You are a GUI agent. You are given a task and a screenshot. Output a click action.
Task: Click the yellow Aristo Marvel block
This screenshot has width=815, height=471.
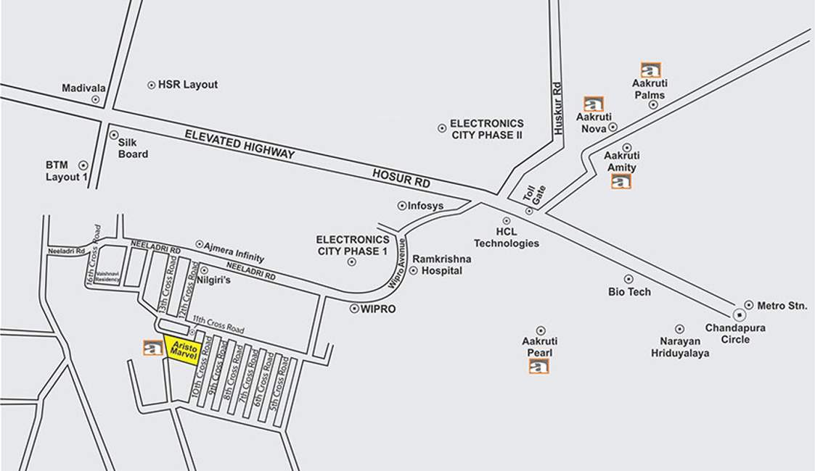tap(180, 348)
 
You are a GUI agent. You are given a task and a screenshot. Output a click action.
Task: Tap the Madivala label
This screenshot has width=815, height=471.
tap(83, 88)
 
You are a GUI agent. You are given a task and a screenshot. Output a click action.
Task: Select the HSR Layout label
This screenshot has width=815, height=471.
tap(187, 85)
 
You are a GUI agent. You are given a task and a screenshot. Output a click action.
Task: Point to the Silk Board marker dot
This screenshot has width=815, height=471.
tap(113, 135)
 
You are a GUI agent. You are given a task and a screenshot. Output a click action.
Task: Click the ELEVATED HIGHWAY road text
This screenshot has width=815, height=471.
tap(239, 144)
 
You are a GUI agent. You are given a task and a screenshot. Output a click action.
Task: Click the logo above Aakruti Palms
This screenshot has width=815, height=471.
tap(650, 70)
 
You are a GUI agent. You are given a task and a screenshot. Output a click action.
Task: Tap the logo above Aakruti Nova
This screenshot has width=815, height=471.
tap(594, 104)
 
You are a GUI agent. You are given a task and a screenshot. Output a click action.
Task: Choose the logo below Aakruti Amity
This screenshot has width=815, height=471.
tap(621, 181)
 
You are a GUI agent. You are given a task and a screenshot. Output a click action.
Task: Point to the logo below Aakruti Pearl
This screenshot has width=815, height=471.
tap(538, 366)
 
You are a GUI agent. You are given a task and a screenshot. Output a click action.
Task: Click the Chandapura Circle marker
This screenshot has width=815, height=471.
tap(738, 315)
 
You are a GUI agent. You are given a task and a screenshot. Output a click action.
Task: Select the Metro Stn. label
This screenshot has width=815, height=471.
tap(782, 306)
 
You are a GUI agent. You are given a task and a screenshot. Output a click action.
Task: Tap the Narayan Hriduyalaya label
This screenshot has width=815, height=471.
tap(679, 347)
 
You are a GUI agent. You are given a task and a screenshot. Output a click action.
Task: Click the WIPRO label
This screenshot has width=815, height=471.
tap(377, 309)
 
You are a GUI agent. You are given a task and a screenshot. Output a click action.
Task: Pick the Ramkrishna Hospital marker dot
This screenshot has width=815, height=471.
tap(413, 271)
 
